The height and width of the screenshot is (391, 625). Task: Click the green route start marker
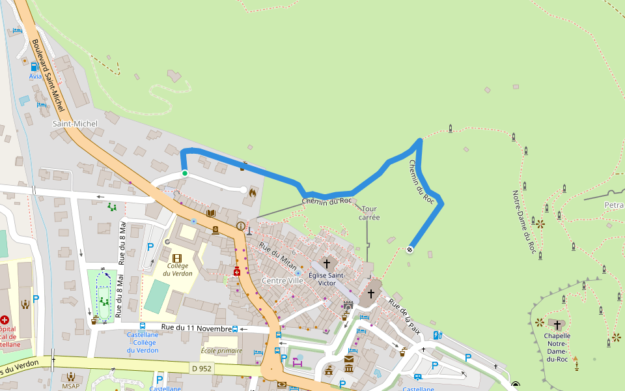point(185,173)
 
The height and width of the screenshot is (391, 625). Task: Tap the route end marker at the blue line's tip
point(410,249)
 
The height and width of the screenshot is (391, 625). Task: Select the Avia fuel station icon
point(34,66)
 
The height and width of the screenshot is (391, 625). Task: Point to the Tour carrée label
point(369,213)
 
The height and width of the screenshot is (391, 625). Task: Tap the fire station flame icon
point(253,192)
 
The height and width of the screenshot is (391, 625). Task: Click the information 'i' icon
point(241,226)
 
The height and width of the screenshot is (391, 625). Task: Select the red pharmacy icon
point(237,271)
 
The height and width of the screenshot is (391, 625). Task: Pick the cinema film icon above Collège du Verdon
point(177,258)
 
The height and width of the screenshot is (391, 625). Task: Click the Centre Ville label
point(283,280)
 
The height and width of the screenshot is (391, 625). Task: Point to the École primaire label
point(221,351)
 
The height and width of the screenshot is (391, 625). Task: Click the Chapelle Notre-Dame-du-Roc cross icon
point(557,324)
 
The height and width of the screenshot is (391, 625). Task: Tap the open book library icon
point(211,213)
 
